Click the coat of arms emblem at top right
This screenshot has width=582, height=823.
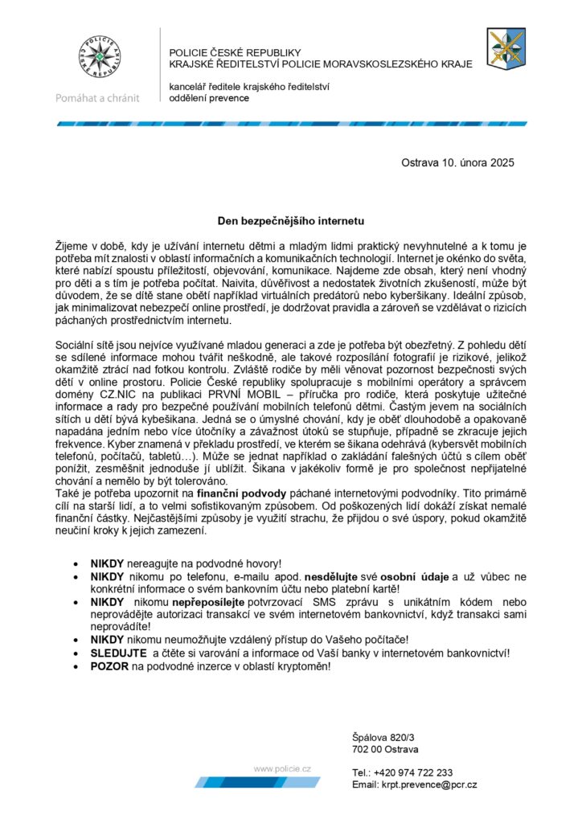pyautogui.click(x=506, y=47)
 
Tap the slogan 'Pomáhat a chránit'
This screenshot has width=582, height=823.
pyautogui.click(x=97, y=98)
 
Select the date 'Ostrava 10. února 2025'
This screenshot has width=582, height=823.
pyautogui.click(x=457, y=162)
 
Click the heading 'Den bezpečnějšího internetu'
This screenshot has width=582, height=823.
pyautogui.click(x=291, y=219)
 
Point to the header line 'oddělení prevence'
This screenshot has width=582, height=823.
pyautogui.click(x=209, y=98)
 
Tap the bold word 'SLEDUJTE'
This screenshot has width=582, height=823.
pyautogui.click(x=118, y=653)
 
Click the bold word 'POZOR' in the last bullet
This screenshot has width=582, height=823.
pyautogui.click(x=109, y=666)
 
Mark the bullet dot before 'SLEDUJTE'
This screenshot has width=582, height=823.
pyautogui.click(x=76, y=653)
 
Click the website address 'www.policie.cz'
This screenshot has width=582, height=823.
pyautogui.click(x=282, y=769)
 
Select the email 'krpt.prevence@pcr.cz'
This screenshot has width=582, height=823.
pyautogui.click(x=430, y=784)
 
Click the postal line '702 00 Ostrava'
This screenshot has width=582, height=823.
pyautogui.click(x=385, y=749)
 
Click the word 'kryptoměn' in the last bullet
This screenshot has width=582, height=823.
pyautogui.click(x=304, y=666)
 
